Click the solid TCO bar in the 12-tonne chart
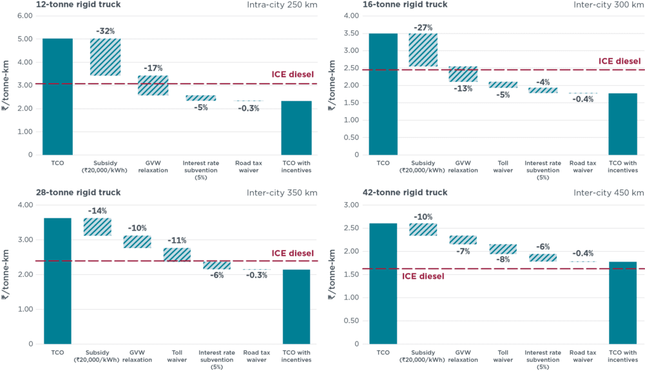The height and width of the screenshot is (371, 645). [57, 97]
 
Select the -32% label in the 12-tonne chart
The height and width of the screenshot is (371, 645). [105, 31]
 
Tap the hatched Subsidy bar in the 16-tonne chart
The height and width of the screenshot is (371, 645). [423, 50]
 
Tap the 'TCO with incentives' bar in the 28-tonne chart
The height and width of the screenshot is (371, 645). [297, 307]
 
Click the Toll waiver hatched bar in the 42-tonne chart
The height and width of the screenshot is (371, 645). [503, 249]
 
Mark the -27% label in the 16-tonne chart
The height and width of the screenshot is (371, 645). [423, 27]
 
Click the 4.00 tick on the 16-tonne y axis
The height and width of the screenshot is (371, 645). [350, 15]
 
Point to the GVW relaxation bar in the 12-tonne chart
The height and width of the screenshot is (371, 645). [153, 86]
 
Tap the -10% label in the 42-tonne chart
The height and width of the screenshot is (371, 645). [423, 216]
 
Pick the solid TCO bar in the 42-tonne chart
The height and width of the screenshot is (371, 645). [383, 283]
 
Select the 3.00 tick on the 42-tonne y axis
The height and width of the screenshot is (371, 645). [351, 205]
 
